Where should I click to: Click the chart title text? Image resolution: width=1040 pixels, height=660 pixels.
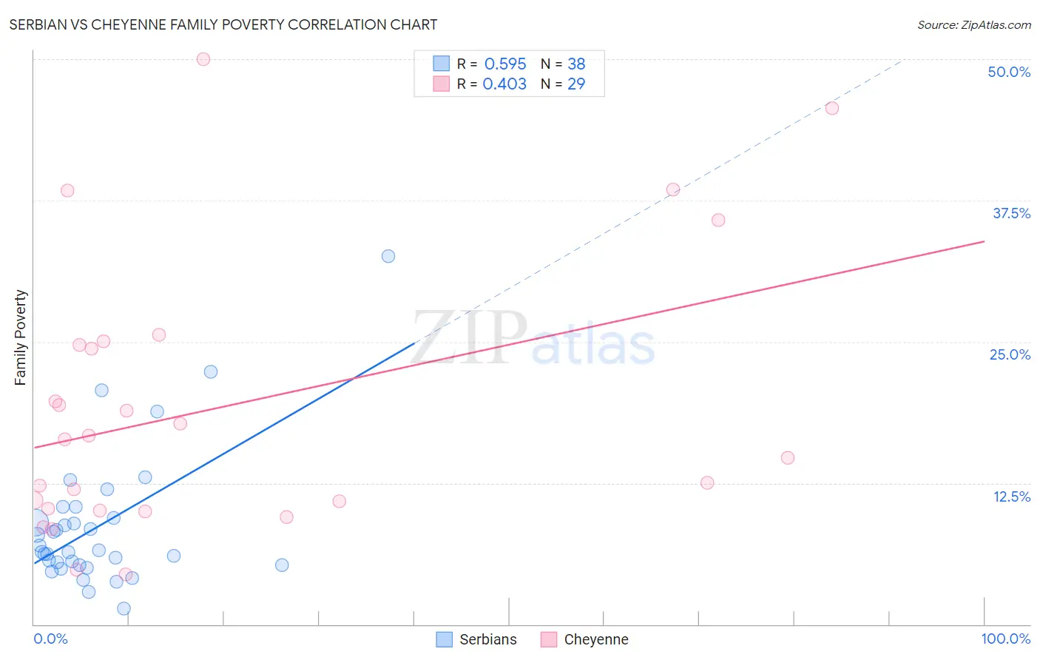coord(223,24)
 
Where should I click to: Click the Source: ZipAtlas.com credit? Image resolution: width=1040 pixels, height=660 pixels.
coord(973,24)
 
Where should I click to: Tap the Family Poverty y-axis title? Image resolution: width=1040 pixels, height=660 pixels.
coord(21,337)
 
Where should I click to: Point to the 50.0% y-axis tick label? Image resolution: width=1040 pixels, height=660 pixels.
coord(1009,72)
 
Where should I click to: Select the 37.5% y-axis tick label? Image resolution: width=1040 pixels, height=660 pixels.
coord(1011,213)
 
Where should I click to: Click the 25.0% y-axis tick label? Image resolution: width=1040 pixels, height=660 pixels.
coord(1010,354)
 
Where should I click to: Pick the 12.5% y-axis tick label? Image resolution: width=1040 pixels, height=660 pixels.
coord(1011,496)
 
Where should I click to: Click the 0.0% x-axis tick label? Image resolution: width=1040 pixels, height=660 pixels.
coord(50,639)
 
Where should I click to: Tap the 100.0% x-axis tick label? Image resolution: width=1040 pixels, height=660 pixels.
coord(1005,639)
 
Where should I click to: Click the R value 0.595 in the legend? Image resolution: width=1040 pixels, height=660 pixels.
coord(505,64)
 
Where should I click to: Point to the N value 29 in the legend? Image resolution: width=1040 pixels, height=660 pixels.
coord(576,84)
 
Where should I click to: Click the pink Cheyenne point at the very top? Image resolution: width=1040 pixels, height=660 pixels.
coord(203,59)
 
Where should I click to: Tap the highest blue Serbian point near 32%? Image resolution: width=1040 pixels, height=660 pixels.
coord(388,256)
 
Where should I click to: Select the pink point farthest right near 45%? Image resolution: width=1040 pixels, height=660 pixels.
coord(831,108)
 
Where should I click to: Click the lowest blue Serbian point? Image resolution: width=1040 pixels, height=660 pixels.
coord(124,608)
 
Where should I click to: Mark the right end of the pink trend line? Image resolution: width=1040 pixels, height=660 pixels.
coord(984,241)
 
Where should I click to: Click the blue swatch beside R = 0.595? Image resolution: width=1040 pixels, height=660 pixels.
coord(442,64)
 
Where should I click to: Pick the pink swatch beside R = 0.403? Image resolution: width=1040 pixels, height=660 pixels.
coord(442,84)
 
